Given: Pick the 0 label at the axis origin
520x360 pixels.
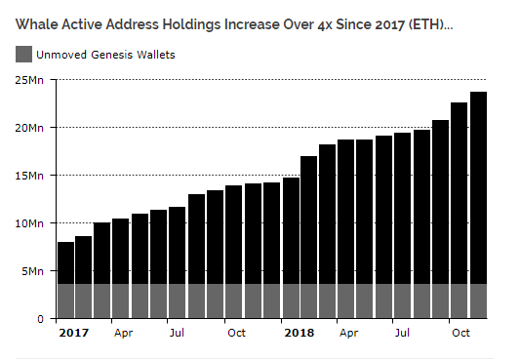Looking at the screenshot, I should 41,319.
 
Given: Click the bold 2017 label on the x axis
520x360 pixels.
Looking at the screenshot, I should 74,333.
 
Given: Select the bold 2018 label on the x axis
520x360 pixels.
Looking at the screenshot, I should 300,333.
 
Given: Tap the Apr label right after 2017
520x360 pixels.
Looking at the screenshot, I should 123,333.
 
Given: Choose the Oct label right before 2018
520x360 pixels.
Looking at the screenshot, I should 236,333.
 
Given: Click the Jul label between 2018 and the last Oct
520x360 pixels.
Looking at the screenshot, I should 402,333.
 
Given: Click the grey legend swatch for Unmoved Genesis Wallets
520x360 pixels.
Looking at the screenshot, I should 23,55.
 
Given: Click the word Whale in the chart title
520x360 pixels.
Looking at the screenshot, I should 35,21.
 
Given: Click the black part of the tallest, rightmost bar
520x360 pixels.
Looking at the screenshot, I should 478,185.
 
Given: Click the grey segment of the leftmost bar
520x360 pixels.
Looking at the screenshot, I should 65,300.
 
